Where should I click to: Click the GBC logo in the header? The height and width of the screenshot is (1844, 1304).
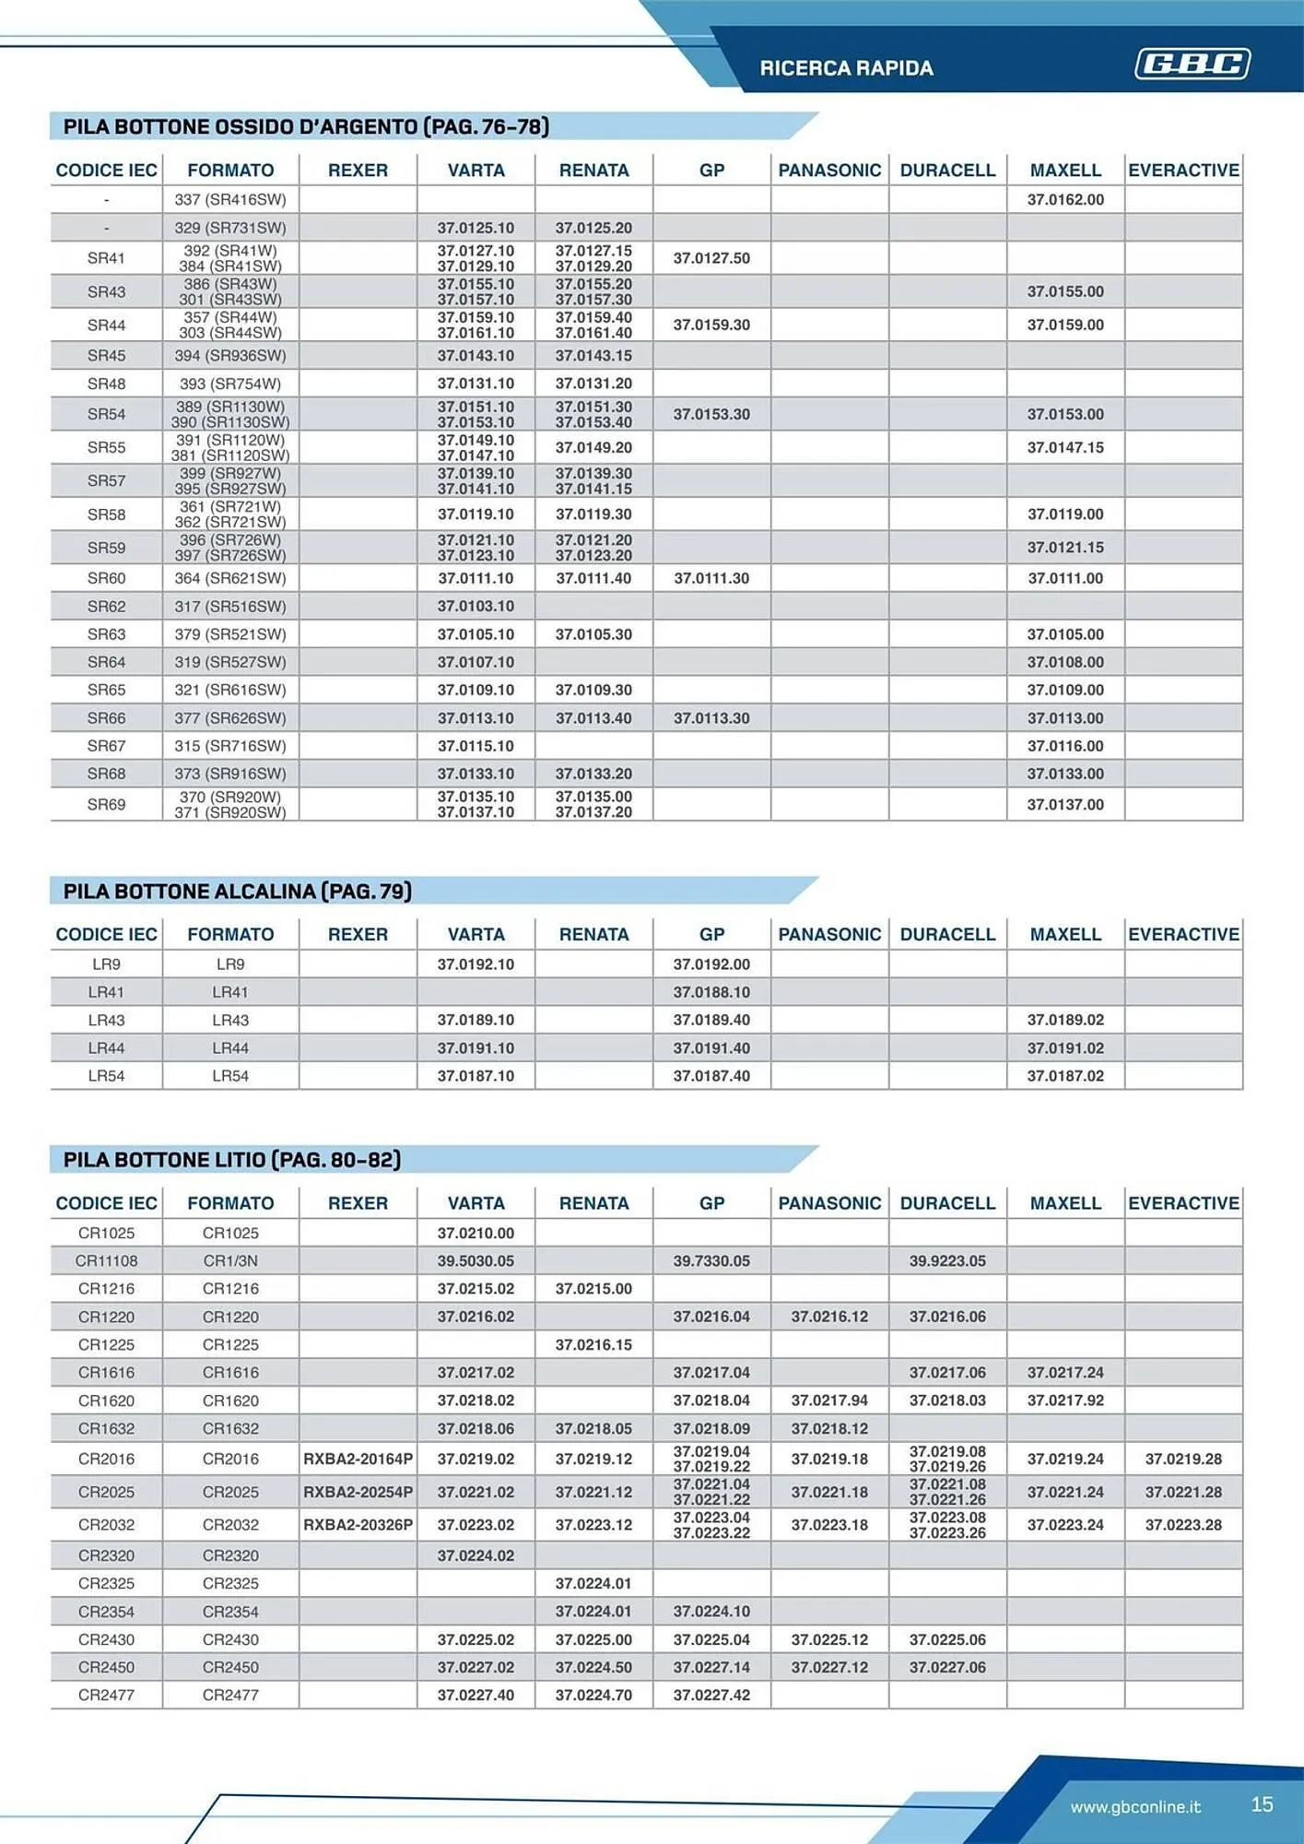point(1192,64)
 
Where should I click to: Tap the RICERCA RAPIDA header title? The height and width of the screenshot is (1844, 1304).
point(846,68)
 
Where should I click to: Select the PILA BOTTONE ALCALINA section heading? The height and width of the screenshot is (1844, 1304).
point(237,892)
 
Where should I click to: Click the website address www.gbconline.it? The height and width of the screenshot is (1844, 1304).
point(1135,1806)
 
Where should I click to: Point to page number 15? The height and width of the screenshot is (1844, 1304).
point(1262,1804)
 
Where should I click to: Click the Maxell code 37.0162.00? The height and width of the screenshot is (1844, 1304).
point(1065,199)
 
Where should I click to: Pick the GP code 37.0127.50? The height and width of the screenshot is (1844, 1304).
point(711,258)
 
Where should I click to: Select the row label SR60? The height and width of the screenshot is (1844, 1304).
point(106,578)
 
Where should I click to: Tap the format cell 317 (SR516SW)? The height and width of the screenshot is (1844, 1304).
point(230,607)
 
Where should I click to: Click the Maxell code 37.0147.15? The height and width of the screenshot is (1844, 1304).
point(1065,447)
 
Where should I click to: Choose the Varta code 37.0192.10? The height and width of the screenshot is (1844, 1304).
point(476,964)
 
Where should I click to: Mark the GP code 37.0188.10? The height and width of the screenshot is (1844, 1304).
point(711,992)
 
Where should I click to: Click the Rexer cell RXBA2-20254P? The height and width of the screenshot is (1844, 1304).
point(358,1492)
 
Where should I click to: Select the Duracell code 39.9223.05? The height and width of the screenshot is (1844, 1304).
point(947,1260)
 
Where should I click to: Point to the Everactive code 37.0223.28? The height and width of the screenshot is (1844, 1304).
point(1183,1525)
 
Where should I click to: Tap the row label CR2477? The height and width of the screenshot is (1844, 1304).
point(106,1695)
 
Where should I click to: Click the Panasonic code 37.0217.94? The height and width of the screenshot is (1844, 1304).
point(829,1400)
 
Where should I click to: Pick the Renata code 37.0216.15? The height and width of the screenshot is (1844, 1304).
point(593,1344)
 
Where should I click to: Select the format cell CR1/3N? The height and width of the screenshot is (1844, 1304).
point(230,1260)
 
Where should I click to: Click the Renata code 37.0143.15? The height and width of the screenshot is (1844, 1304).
point(593,356)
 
